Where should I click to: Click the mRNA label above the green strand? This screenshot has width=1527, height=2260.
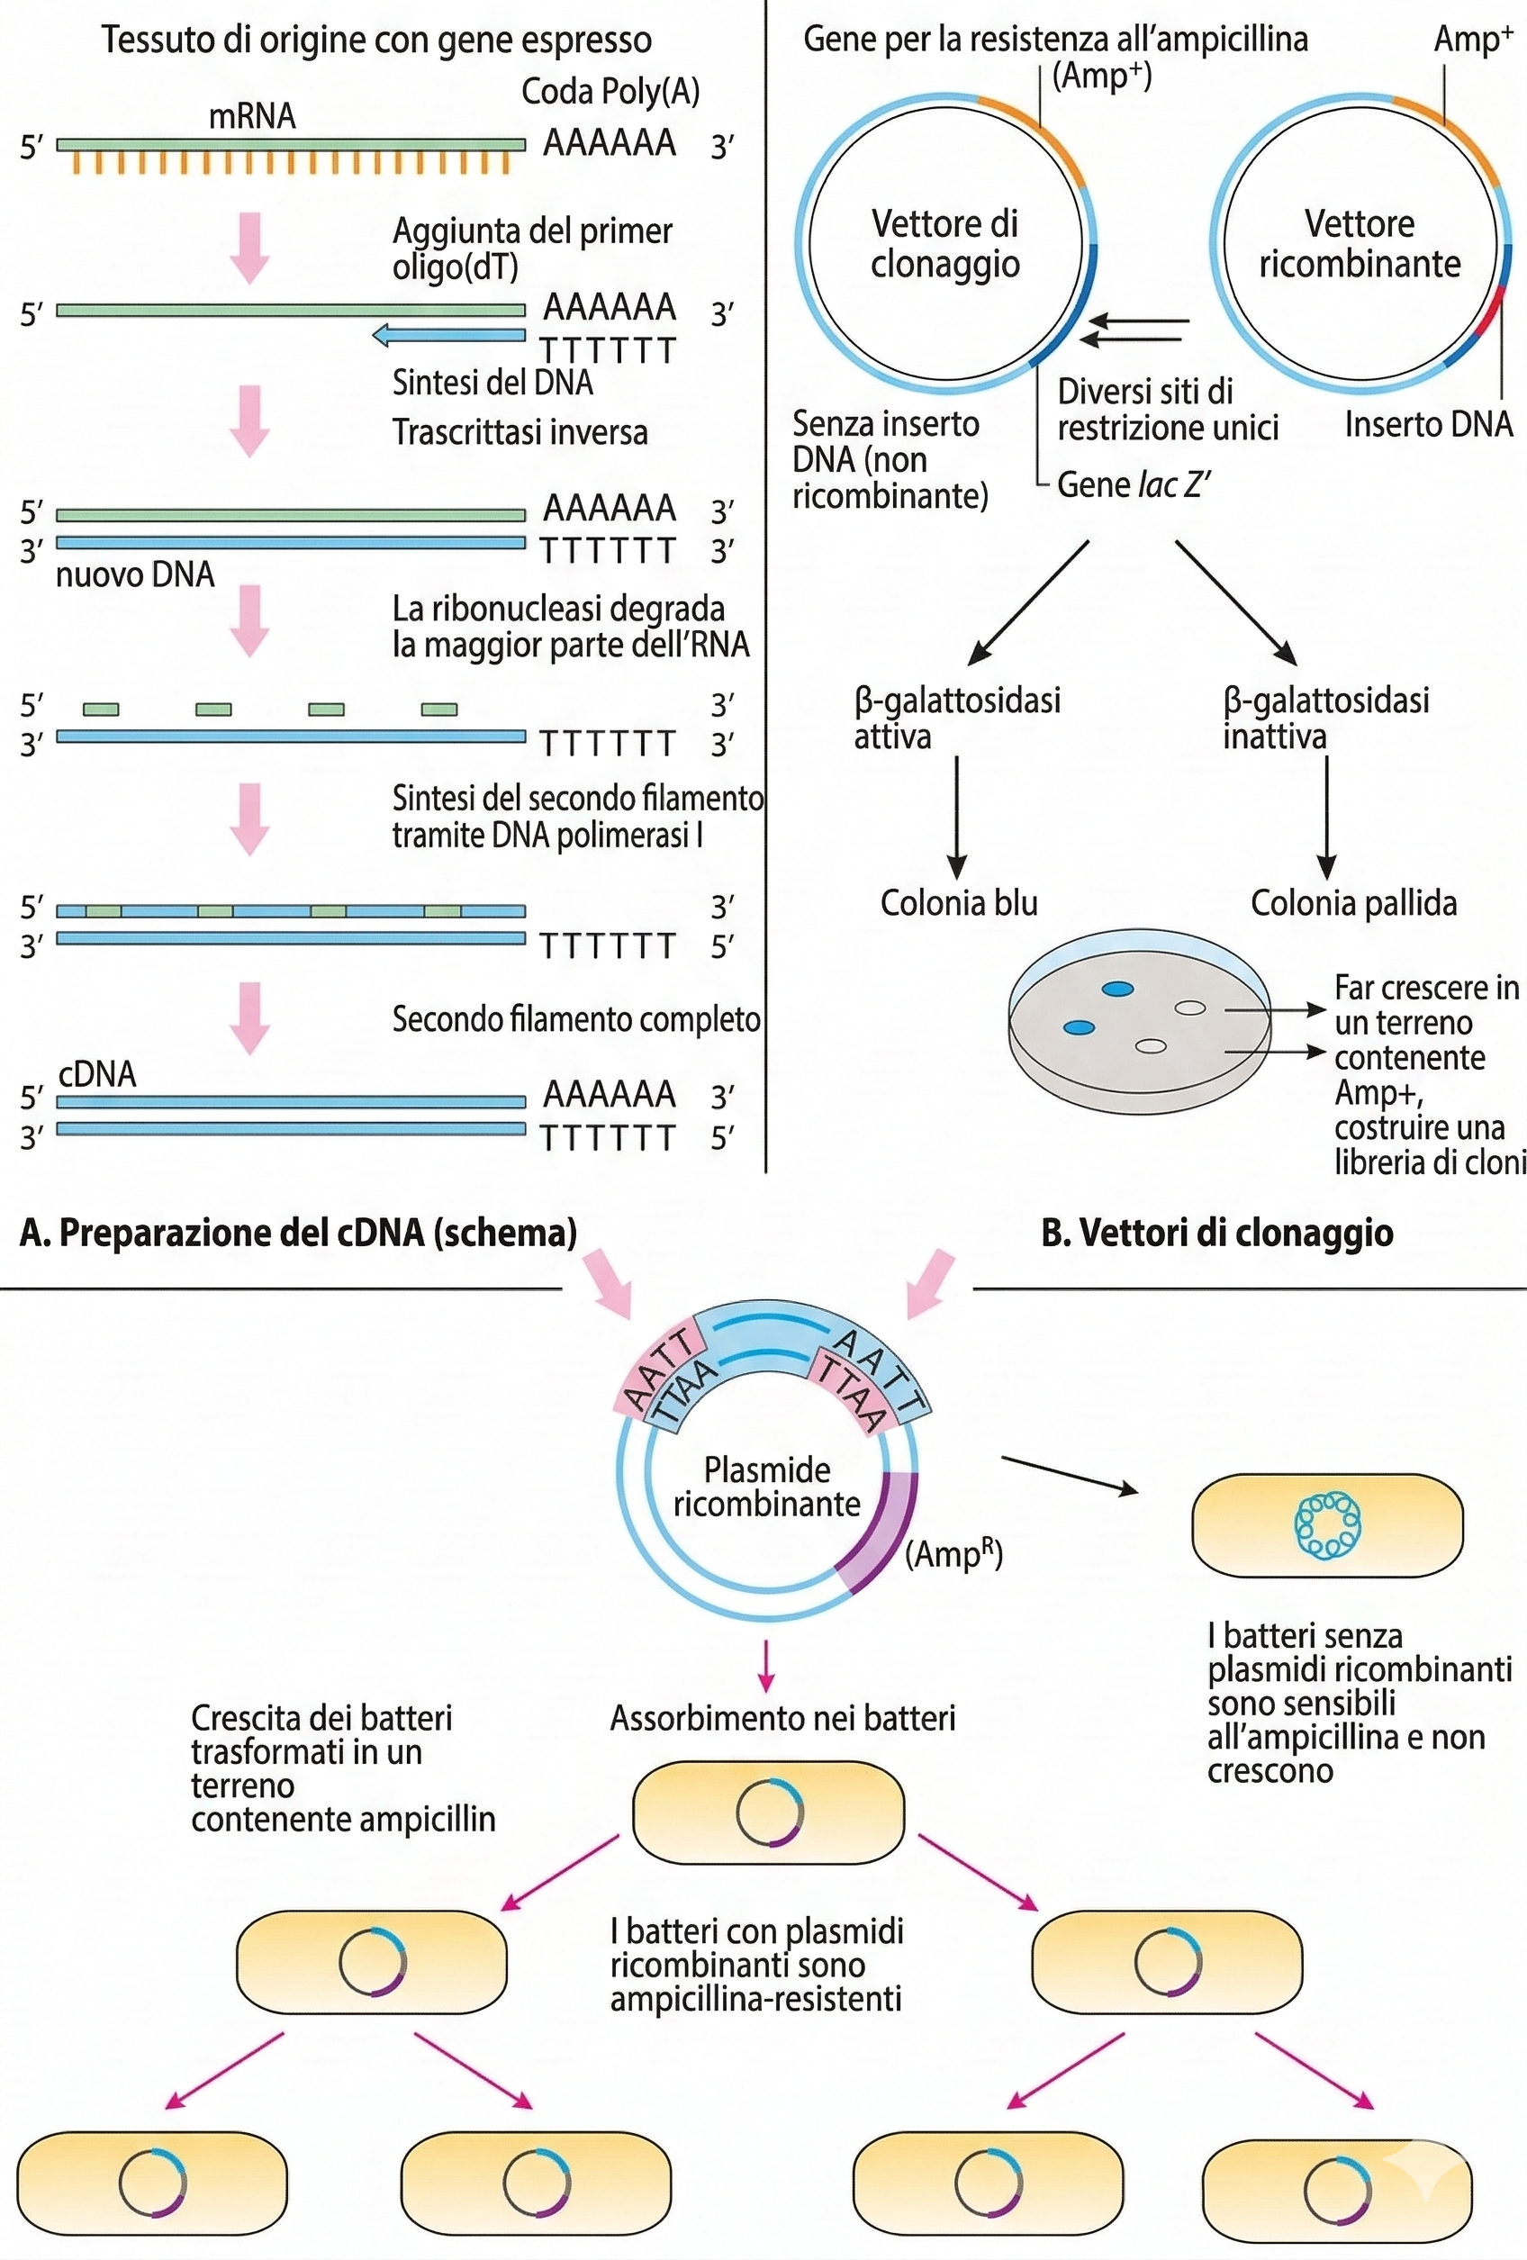252,116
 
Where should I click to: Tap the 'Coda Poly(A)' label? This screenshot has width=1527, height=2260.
610,92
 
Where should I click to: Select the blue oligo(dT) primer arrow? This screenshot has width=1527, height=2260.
447,336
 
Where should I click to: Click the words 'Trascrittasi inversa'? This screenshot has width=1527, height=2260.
520,432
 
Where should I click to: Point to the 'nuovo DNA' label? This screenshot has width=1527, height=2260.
135,574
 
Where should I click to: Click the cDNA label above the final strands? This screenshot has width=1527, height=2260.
97,1073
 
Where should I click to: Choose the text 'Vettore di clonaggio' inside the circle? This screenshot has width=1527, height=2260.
944,244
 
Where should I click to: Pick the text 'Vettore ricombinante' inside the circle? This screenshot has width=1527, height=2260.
1359,244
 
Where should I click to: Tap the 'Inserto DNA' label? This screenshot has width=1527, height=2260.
1428,424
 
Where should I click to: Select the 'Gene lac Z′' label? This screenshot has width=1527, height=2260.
1133,484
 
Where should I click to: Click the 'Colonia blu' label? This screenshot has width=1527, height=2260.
958,903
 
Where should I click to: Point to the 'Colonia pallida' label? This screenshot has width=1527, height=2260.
1353,903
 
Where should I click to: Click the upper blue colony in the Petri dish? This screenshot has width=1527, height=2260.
1117,989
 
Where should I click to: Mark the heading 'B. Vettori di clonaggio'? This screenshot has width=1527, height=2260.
1215,1232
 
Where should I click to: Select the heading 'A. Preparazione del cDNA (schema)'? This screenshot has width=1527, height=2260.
298,1232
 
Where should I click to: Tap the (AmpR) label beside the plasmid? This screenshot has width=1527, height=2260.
953,1554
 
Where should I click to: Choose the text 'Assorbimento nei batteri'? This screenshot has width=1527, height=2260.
782,1718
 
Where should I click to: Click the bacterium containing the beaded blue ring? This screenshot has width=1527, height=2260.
1326,1524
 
